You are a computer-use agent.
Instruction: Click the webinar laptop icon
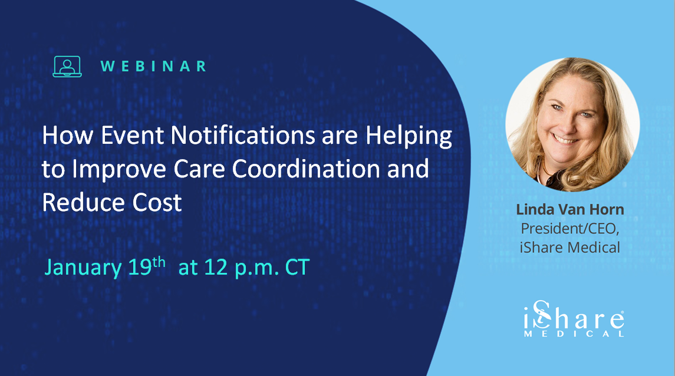[x=67, y=66]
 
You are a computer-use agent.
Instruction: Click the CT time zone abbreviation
[x=297, y=268]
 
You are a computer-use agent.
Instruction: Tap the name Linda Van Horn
[x=569, y=210]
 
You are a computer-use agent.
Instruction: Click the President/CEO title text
[x=569, y=229]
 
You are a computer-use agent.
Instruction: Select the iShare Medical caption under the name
[x=569, y=248]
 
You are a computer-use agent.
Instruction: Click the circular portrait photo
[x=572, y=124]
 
